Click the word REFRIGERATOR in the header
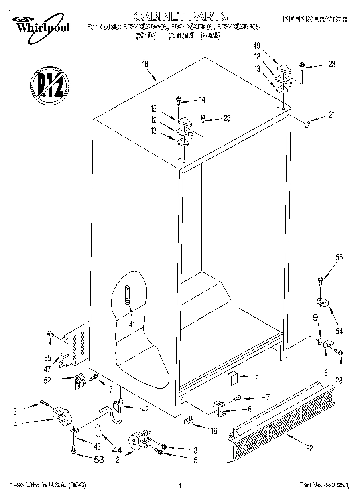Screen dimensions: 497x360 (315, 19)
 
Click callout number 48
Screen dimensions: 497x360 (145, 63)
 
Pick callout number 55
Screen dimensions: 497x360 (339, 258)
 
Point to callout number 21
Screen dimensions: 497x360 (331, 116)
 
